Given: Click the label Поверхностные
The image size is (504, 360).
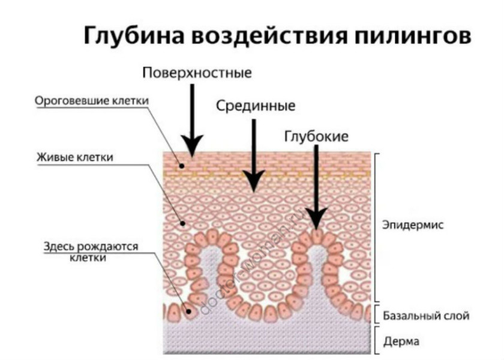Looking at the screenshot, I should [197, 73].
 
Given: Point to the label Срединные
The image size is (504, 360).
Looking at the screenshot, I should [256, 107].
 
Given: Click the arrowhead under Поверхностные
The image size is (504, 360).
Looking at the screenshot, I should [193, 145].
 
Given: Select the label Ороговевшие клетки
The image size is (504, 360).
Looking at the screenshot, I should [91, 101].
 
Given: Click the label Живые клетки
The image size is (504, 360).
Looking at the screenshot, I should [75, 157].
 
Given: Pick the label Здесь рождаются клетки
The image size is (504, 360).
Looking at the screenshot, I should [91, 252].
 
